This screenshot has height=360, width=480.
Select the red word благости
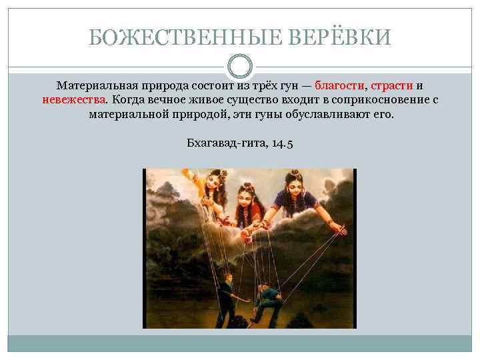click(x=339, y=86)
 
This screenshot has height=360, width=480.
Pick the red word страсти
click(x=391, y=86)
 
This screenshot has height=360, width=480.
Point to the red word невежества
click(x=73, y=100)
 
